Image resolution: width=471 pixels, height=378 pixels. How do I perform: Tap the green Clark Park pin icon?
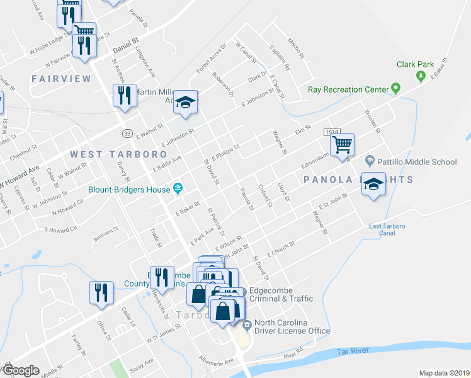coord(421,76)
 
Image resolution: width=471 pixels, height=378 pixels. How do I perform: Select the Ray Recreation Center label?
coord(348,89)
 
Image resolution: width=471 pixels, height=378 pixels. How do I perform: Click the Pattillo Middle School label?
coord(418,162)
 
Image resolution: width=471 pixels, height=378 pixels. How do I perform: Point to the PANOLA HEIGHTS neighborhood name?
coord(358,180)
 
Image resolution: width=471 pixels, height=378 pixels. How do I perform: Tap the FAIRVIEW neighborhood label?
coord(61,79)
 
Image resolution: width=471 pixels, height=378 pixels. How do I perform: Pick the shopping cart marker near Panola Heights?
coord(343,144)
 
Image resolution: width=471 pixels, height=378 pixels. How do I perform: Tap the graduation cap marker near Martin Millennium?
coord(186,101)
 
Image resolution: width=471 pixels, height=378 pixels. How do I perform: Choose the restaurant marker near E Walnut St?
coord(124,95)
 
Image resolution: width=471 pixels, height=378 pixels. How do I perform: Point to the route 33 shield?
coord(127,132)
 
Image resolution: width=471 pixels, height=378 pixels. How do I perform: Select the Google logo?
coord(21,370)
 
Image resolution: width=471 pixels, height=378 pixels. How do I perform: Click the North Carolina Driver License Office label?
coord(292,326)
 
